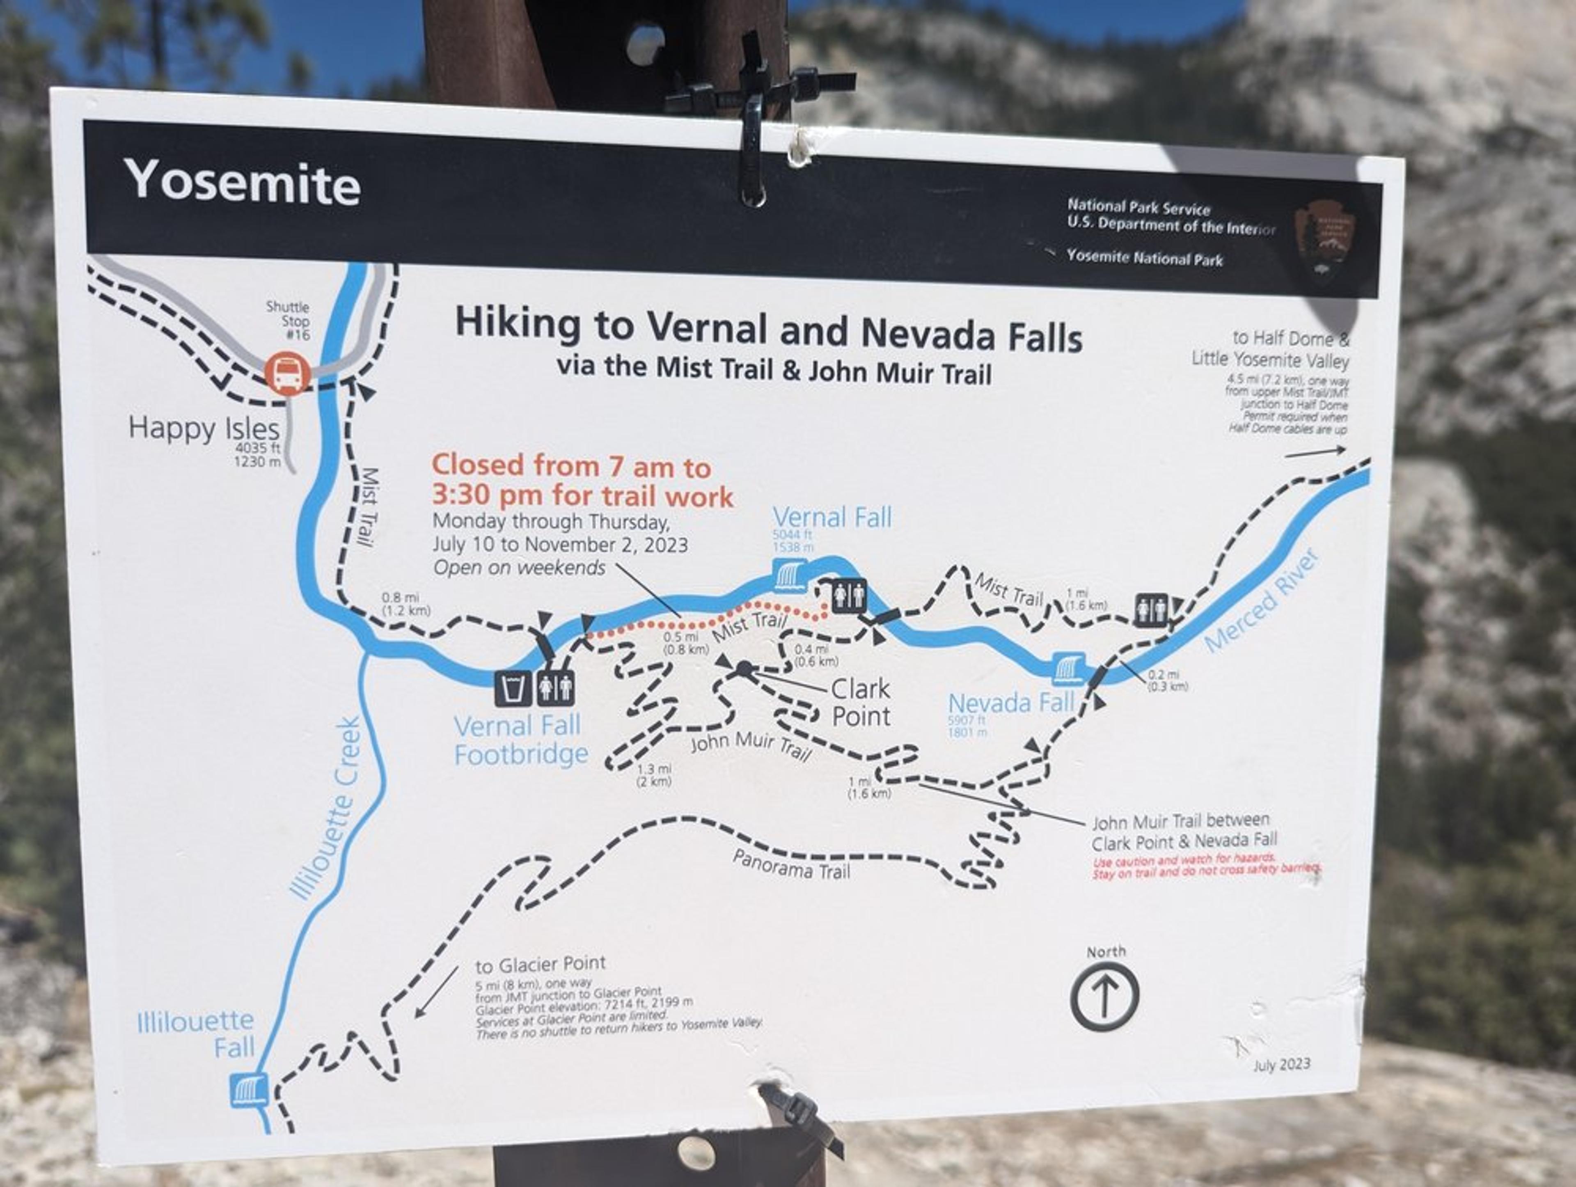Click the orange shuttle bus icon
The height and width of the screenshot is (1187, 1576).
click(288, 373)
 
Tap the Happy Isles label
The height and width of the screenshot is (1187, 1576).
click(204, 428)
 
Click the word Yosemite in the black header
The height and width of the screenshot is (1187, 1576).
click(242, 182)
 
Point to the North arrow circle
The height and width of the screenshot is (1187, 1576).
click(1104, 996)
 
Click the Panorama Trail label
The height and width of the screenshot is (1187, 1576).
click(791, 864)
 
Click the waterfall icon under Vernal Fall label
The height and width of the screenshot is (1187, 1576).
click(789, 576)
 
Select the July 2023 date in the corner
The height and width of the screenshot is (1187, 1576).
click(1281, 1064)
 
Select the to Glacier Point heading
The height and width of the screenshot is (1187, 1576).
click(540, 965)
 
